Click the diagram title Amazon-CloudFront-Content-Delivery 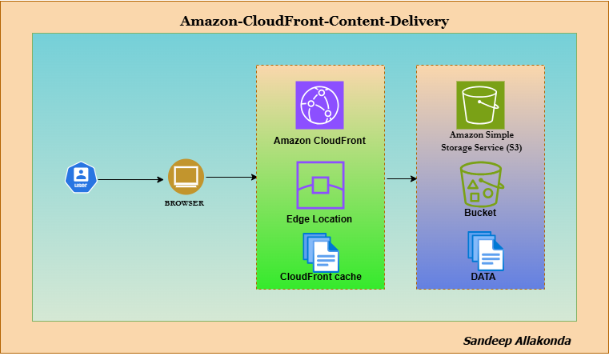point(314,21)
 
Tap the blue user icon point(80,178)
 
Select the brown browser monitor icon point(186,176)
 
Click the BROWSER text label point(184,203)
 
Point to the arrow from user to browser point(130,179)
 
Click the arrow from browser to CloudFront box point(230,177)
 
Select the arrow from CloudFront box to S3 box point(401,178)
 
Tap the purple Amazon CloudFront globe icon point(319,105)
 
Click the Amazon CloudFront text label point(319,141)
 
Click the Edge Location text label point(319,218)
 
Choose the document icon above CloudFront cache point(320,252)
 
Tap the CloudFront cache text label point(320,277)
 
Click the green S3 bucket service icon point(480,104)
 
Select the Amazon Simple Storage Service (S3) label point(481,142)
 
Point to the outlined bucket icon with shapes point(480,184)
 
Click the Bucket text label point(480,213)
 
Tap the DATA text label point(483,277)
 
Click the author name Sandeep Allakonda point(517,341)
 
